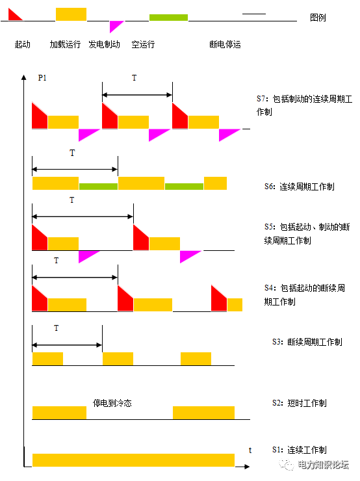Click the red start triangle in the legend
click(13, 16)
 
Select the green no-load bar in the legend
click(168, 18)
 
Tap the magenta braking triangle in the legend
click(114, 25)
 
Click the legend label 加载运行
click(65, 44)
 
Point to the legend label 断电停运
click(225, 44)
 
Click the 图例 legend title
click(318, 18)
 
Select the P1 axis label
click(42, 78)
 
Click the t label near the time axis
click(250, 450)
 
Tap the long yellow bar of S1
click(133, 460)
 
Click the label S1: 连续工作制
click(300, 450)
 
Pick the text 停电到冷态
click(112, 403)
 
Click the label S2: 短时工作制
click(300, 403)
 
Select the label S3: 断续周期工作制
click(307, 342)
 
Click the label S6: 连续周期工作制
click(300, 187)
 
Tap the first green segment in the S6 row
click(98, 186)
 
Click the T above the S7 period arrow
click(135, 78)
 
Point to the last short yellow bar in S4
click(235, 305)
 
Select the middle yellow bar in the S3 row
click(118, 359)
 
